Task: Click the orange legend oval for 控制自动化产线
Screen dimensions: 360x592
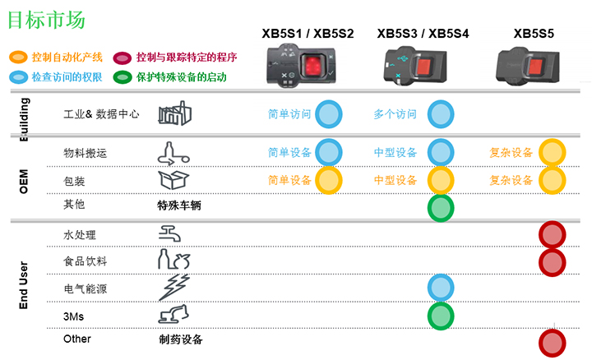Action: [x=17, y=58]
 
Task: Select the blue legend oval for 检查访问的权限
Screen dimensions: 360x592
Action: [x=17, y=77]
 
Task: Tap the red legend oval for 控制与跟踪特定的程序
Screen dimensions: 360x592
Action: [x=123, y=58]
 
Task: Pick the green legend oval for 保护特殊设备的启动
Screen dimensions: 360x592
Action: [x=123, y=77]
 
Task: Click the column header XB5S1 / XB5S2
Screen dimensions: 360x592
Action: [x=308, y=34]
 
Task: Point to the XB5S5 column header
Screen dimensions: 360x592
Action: [x=534, y=34]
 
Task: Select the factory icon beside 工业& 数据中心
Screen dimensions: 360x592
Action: [x=173, y=113]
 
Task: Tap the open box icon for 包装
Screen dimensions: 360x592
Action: [x=173, y=179]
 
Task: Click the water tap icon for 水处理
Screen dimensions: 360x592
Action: [x=172, y=235]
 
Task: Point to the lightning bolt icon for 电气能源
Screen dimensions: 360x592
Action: [x=173, y=288]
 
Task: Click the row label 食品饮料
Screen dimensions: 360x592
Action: [x=86, y=261]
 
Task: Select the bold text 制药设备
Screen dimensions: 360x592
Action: [x=180, y=339]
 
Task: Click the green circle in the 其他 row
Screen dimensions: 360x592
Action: [x=441, y=207]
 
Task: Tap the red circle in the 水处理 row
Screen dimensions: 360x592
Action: [x=552, y=235]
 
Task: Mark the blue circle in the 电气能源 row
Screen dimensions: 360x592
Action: [x=441, y=288]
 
